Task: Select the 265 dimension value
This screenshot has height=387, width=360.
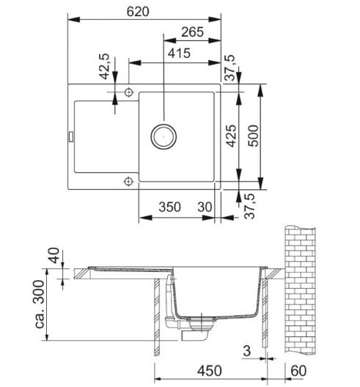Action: pos(192,32)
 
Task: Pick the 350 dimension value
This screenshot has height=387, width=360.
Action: pos(170,208)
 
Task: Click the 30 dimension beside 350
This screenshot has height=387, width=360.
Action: pos(205,208)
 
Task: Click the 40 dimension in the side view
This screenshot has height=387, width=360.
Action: pos(51,258)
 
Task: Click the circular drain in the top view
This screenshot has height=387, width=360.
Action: pos(163,136)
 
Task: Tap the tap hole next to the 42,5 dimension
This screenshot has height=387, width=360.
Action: pos(128,92)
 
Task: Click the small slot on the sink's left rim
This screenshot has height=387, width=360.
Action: pos(71,136)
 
